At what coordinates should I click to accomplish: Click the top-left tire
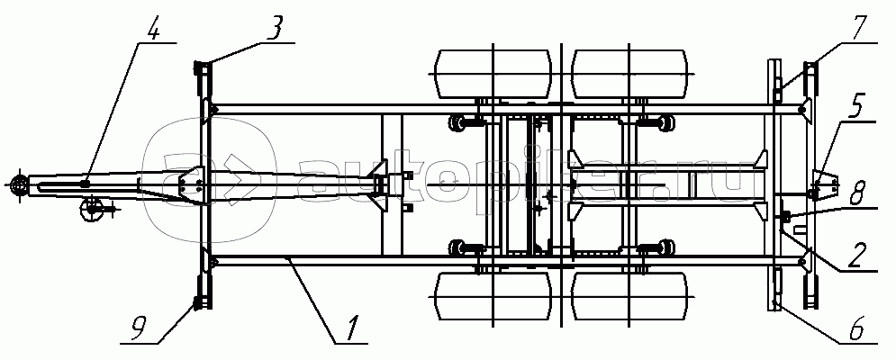point(492,74)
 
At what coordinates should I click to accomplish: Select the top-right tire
point(629,74)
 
